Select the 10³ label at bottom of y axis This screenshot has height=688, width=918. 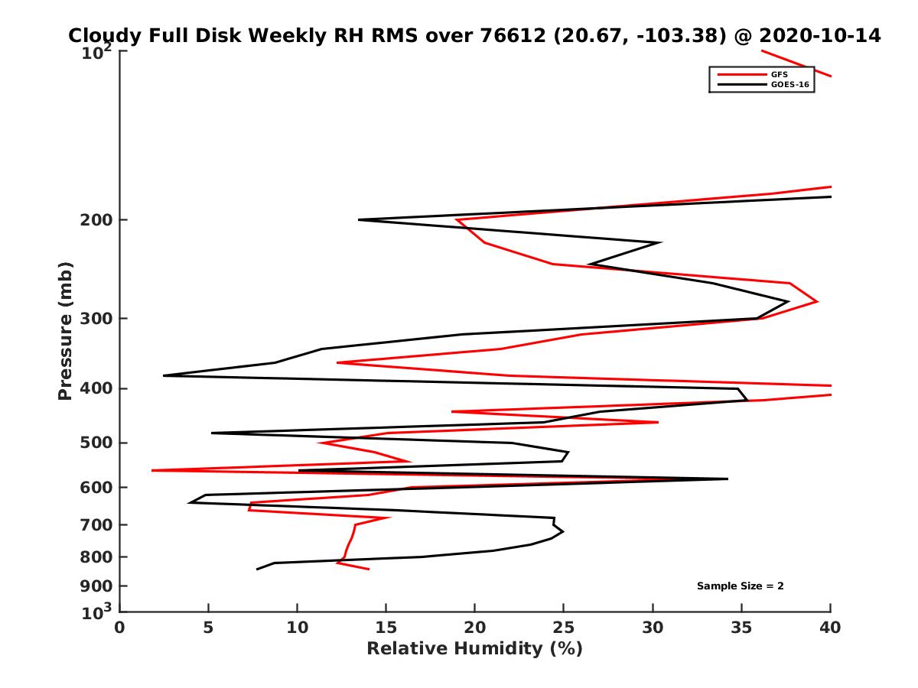coord(97,612)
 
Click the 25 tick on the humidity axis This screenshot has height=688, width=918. coord(564,628)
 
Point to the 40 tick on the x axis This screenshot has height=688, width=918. coord(830,628)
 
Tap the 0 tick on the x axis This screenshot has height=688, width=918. coord(120,628)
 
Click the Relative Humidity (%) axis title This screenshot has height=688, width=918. coord(474,649)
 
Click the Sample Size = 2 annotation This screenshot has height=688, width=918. coord(740,586)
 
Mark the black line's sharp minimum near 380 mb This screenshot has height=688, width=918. coord(164,375)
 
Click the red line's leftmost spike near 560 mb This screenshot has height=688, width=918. coord(152,470)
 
